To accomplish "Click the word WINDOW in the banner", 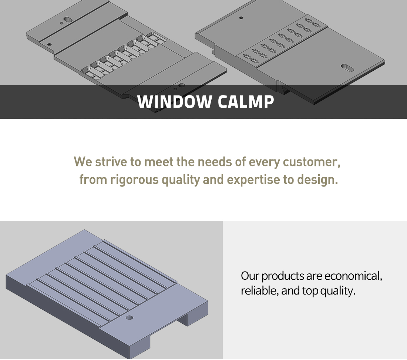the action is (x=174, y=101).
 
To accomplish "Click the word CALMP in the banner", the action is (x=246, y=101).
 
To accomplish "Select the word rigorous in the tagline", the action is (x=134, y=180).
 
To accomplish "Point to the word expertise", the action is (x=253, y=180).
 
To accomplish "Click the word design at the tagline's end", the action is (x=317, y=180).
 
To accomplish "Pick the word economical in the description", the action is (x=353, y=276).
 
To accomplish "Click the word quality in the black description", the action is (x=338, y=291).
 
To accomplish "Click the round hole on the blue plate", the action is (x=129, y=318).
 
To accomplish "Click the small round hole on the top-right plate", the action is (x=241, y=18).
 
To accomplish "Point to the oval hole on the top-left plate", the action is (x=68, y=20).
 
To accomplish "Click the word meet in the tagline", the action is (x=159, y=162).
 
